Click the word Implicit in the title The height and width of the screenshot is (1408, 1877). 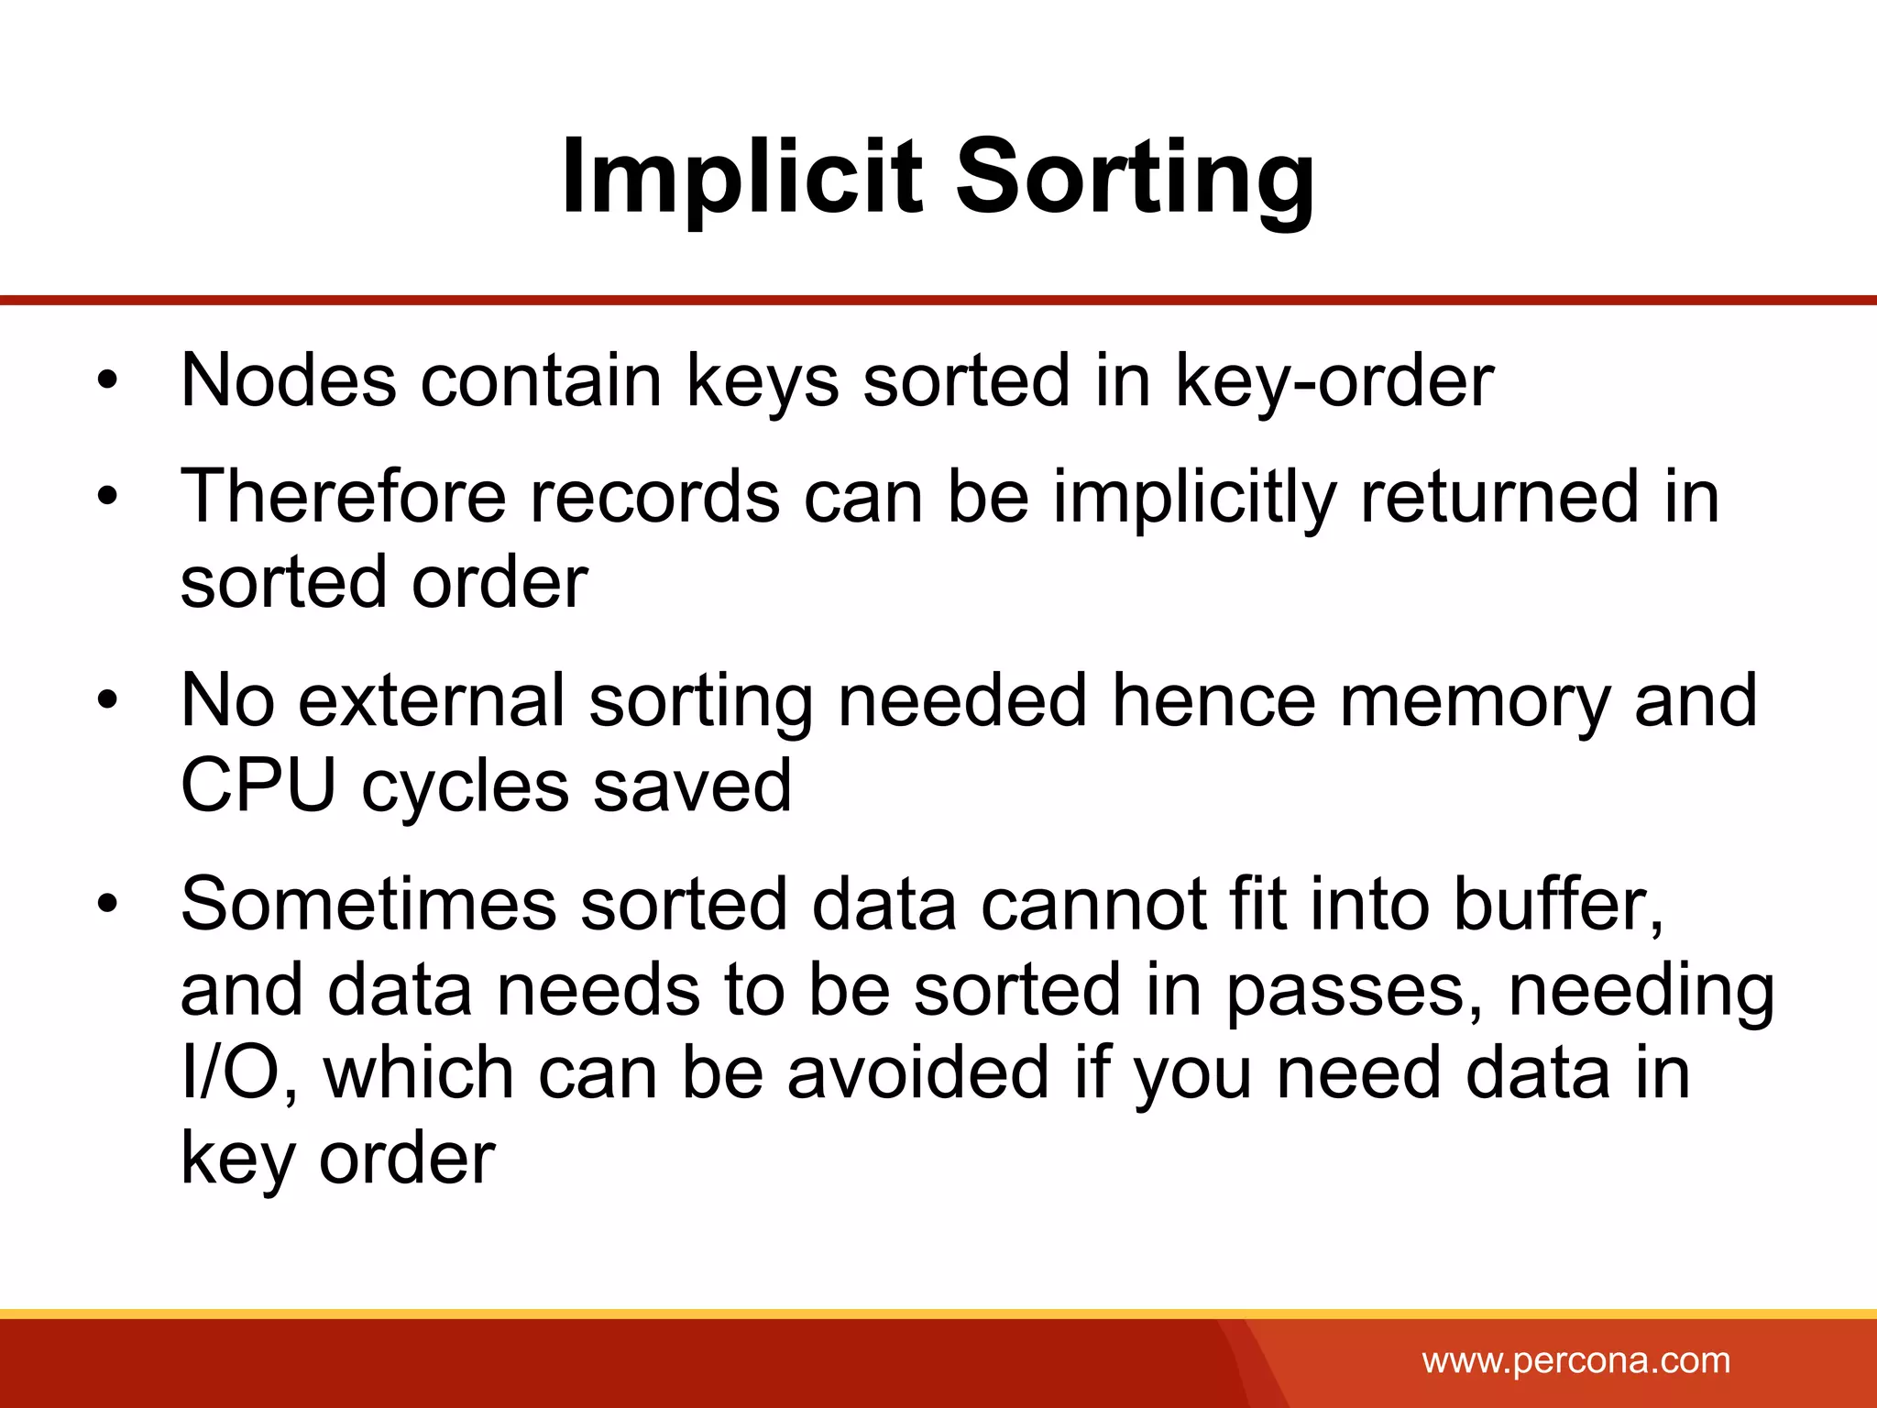741,176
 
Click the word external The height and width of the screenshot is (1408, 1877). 431,700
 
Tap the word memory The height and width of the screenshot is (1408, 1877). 1474,702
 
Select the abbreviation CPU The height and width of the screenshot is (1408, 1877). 258,786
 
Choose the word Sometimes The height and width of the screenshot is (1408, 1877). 368,904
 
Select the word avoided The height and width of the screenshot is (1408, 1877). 917,1073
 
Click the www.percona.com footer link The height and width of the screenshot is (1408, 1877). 1576,1360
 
